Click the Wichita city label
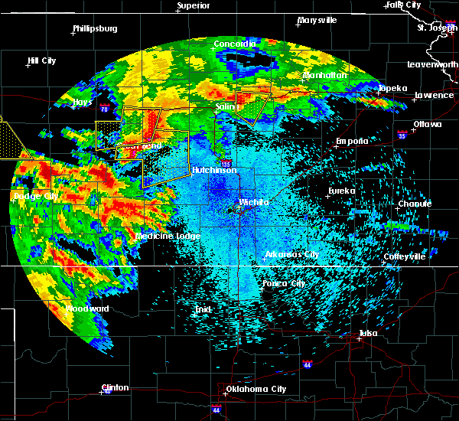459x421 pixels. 254,202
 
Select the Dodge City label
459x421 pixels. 36,197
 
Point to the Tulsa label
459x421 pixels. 369,333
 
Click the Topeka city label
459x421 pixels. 392,88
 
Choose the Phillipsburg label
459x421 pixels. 95,28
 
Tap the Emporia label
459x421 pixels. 352,142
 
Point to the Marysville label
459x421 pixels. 317,20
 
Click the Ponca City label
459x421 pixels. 285,283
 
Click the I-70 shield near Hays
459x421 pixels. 104,109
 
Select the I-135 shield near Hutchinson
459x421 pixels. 226,163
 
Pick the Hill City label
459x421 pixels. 41,60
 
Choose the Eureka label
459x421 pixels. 342,191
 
